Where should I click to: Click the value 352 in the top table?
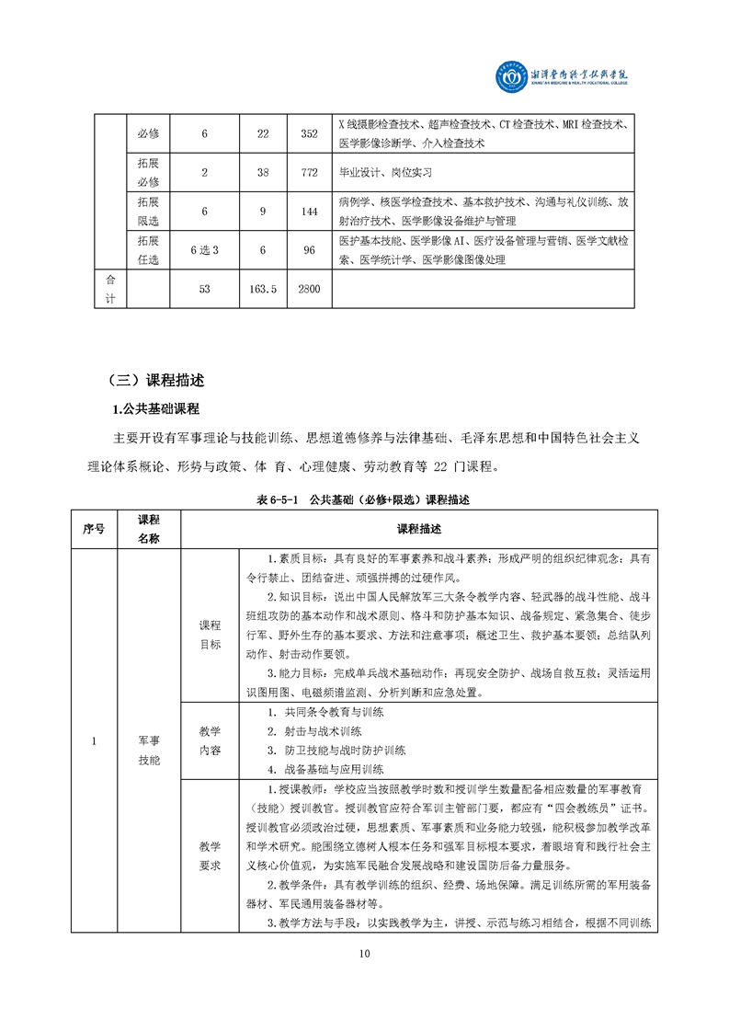point(309,134)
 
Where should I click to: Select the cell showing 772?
point(309,172)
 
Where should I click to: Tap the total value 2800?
point(309,289)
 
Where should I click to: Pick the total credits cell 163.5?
point(263,289)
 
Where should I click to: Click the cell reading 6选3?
point(204,250)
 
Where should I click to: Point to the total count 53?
point(204,289)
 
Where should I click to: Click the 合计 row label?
point(110,288)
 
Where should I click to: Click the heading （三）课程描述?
point(155,380)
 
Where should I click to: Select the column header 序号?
point(94,529)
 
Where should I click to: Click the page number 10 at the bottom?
point(365,953)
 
